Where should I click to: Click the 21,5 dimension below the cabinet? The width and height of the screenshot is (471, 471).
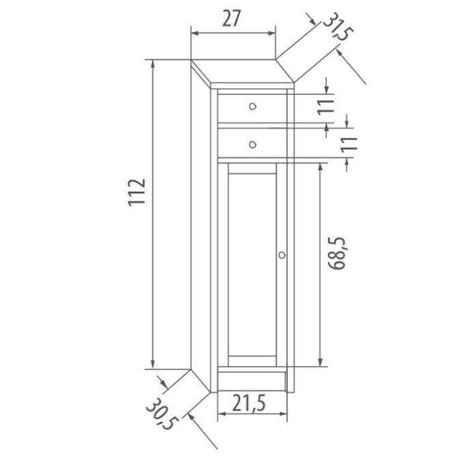click(x=249, y=405)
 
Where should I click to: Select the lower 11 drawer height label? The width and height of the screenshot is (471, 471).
click(x=349, y=143)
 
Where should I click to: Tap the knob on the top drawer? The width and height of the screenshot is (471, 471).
click(x=253, y=106)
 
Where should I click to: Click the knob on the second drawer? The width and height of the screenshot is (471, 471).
click(x=253, y=143)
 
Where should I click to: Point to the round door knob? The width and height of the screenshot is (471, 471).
click(x=282, y=255)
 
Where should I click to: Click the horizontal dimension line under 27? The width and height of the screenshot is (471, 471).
click(x=232, y=32)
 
